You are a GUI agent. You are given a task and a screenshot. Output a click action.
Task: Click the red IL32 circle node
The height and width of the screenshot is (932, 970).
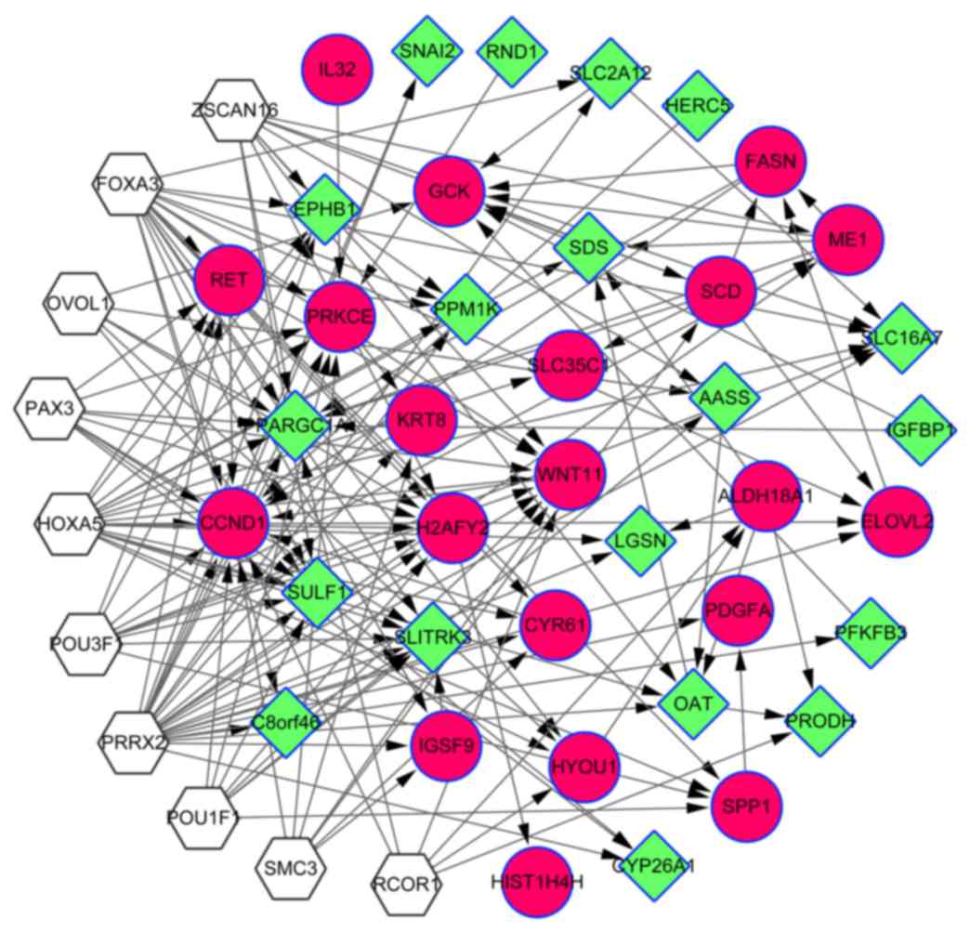[x=337, y=70]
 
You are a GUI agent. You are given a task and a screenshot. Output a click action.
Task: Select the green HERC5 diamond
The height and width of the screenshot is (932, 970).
[x=698, y=106]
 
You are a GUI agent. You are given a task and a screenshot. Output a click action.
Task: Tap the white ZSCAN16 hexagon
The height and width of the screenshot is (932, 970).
[x=235, y=111]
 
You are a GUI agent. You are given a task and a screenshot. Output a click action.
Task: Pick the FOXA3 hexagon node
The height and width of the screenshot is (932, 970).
[x=128, y=183]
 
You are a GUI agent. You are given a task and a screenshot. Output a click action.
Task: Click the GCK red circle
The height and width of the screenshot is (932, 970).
[x=451, y=191]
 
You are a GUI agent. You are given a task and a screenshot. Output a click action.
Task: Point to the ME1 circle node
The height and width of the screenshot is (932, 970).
[x=847, y=240]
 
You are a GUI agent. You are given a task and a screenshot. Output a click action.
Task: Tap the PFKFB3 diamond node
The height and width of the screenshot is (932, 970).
[x=871, y=633]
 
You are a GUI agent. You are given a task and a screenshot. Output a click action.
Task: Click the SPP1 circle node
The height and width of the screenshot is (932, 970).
[x=747, y=805]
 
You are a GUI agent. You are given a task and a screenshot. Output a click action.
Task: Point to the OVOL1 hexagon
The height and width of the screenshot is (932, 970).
[x=78, y=303]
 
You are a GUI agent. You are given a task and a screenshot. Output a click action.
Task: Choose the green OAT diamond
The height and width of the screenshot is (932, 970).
[x=693, y=704]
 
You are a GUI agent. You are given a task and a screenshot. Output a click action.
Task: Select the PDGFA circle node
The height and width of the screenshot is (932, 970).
[x=739, y=610]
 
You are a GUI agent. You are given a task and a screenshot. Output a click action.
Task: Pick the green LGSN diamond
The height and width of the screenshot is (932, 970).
[x=641, y=541]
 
